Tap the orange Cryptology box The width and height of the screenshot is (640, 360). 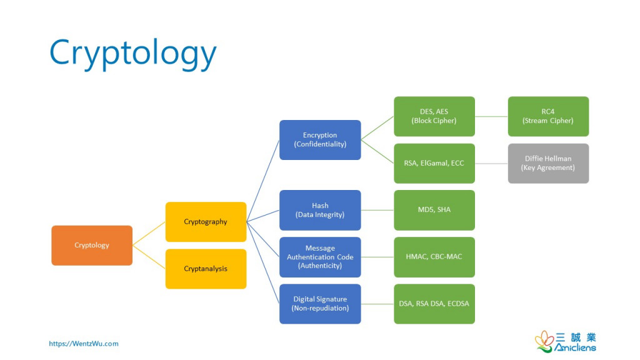[92, 245]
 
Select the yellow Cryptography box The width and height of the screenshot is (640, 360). [206, 222]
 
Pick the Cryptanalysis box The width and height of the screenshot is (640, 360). [206, 269]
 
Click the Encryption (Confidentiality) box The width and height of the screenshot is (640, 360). [320, 139]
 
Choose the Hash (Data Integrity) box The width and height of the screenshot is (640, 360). [320, 210]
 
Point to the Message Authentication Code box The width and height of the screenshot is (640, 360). [320, 257]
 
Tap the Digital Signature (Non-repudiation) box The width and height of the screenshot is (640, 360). [320, 304]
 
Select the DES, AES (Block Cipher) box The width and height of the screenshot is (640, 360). [434, 116]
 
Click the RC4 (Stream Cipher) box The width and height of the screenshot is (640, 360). [548, 116]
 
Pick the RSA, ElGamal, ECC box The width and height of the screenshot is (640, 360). [434, 163]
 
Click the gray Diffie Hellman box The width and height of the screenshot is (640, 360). [548, 163]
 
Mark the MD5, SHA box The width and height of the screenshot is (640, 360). [434, 210]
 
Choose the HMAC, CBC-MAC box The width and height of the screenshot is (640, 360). [434, 257]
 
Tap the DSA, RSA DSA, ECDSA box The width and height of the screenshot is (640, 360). [434, 304]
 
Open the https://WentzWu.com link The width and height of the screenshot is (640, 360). [84, 344]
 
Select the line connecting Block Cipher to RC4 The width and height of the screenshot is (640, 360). [491, 116]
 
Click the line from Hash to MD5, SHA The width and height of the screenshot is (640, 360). [377, 210]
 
